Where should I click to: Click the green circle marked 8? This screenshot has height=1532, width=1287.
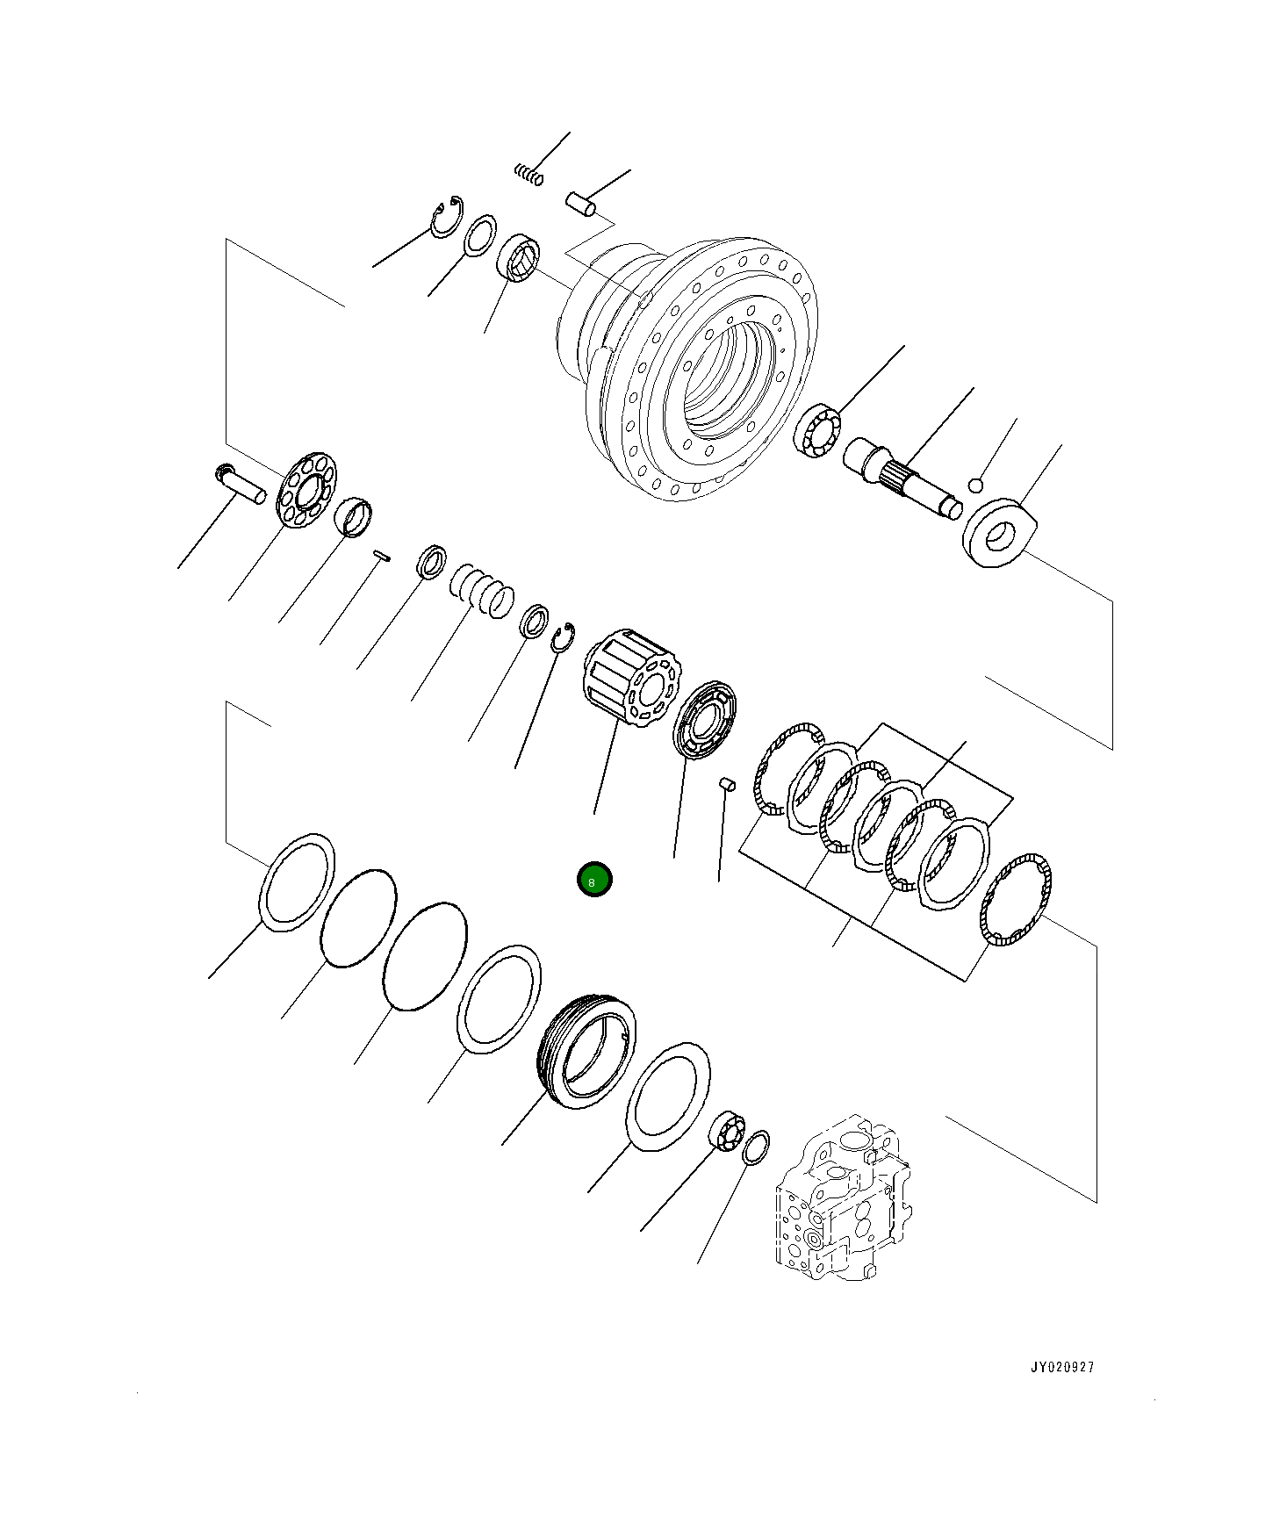pyautogui.click(x=594, y=880)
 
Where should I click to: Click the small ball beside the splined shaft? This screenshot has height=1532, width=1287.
pyautogui.click(x=975, y=485)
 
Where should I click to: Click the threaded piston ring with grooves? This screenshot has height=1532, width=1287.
pyautogui.click(x=586, y=1052)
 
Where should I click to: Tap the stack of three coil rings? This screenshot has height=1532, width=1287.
pyautogui.click(x=481, y=587)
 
